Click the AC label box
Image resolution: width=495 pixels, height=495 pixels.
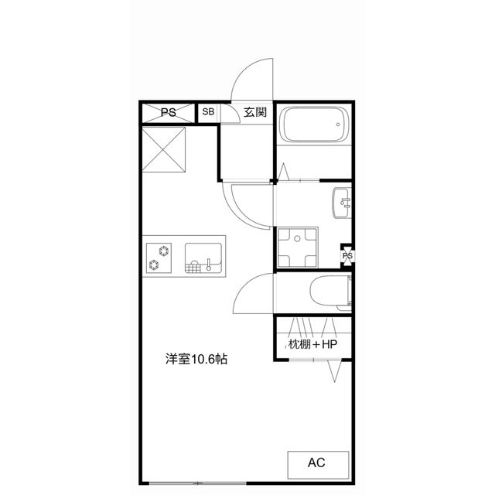pyautogui.click(x=317, y=463)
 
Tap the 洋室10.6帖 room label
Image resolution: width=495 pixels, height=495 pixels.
pyautogui.click(x=196, y=360)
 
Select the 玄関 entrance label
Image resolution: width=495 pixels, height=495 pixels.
pyautogui.click(x=255, y=112)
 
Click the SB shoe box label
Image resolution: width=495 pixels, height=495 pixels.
pyautogui.click(x=208, y=112)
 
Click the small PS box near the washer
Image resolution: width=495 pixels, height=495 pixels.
pyautogui.click(x=347, y=256)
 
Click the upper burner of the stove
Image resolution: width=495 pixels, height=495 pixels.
pyautogui.click(x=164, y=250)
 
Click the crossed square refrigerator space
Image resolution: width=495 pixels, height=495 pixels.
pyautogui.click(x=164, y=150)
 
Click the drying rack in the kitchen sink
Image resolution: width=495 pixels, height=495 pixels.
pyautogui.click(x=199, y=268)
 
